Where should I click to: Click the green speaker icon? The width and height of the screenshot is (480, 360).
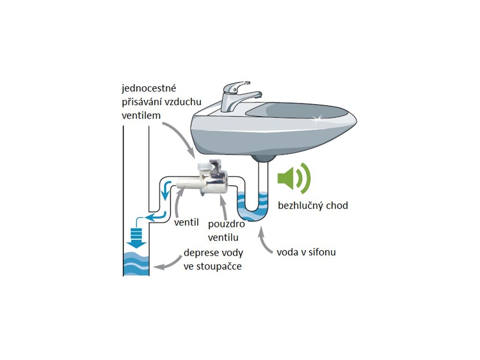coord(293,178)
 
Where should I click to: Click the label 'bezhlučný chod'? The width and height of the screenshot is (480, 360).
coord(313,205)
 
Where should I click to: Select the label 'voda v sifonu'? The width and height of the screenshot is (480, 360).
coord(306,252)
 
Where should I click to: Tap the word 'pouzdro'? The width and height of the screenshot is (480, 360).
coord(226,225)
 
